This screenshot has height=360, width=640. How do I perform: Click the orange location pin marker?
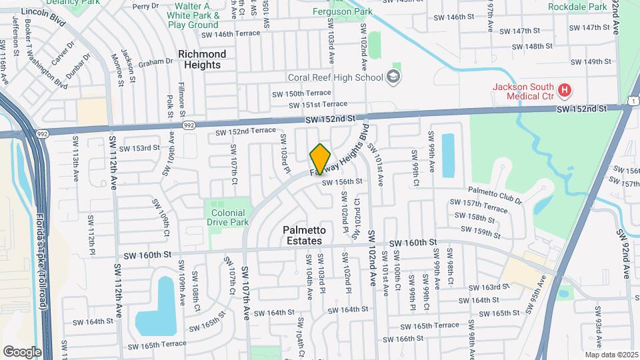coord(320,159)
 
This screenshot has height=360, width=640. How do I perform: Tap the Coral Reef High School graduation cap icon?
coord(393,76)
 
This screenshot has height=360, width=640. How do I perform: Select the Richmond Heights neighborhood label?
coord(202,59)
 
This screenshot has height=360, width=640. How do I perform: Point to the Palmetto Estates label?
coord(302,235)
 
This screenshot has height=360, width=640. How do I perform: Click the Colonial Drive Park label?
coord(227,217)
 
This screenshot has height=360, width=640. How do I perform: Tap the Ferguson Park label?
coord(342,11)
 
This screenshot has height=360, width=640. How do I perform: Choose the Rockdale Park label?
coord(577,7)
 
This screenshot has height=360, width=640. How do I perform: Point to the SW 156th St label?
coord(342,181)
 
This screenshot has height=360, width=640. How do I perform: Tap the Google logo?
coord(22,351)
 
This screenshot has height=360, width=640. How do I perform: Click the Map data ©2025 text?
coord(611,355)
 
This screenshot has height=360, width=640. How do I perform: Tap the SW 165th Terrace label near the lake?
coord(157,345)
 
